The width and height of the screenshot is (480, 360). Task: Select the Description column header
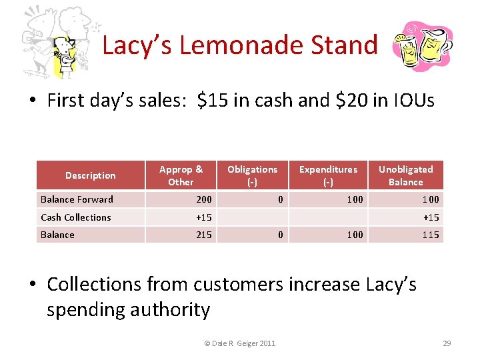[x=90, y=175]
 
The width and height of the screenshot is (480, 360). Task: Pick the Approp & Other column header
[x=181, y=175]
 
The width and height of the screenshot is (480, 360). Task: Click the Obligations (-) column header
[x=252, y=175]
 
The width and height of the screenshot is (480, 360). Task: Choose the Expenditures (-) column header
[x=328, y=175]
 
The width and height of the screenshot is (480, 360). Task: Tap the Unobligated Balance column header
[x=405, y=175]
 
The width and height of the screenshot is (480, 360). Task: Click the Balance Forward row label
[x=77, y=199]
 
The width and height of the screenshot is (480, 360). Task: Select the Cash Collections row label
[x=76, y=217]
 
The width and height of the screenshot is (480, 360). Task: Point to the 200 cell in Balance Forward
[x=203, y=199]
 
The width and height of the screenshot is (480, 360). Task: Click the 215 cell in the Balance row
[x=203, y=235]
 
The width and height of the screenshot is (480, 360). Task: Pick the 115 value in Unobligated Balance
[x=431, y=235]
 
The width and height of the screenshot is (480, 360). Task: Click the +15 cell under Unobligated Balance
[x=431, y=217]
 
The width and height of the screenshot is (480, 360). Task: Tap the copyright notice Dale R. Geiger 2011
[x=239, y=343]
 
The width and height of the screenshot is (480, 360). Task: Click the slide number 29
[x=447, y=343]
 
